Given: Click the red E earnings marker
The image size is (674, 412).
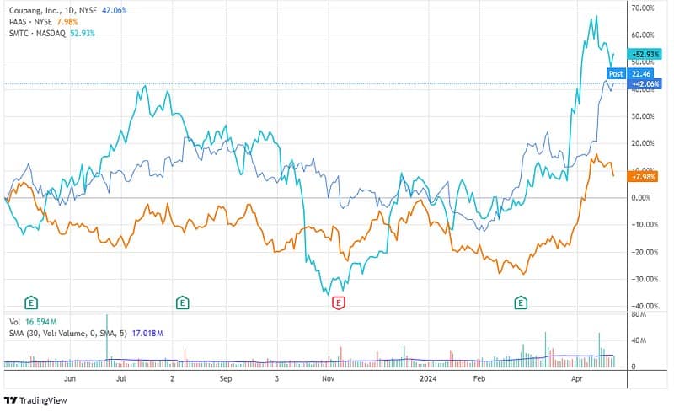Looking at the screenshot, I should tap(339, 302).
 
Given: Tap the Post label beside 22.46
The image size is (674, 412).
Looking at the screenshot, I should tap(615, 73).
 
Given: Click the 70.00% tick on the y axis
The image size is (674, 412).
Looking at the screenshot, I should tap(643, 8).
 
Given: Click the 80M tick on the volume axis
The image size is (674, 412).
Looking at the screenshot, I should tap(639, 314).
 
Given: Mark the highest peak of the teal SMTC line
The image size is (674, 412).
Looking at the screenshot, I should tap(596, 16).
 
